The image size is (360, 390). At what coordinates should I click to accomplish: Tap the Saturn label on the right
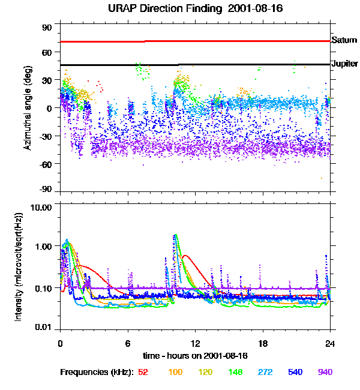pos(344,40)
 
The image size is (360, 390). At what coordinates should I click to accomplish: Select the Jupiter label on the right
pos(345,63)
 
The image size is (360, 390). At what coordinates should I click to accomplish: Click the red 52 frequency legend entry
pos(143,372)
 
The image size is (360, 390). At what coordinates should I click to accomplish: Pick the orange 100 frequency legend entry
pos(175,372)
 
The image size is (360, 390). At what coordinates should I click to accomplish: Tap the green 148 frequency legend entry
pos(236,372)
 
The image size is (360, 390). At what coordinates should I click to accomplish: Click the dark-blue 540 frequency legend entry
pos(295,372)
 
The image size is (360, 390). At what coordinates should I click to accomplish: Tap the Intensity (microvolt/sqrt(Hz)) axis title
pos(19,267)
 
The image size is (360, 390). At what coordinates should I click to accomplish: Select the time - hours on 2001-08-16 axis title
pos(196,356)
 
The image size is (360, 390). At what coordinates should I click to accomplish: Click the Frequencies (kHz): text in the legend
pos(97,372)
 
